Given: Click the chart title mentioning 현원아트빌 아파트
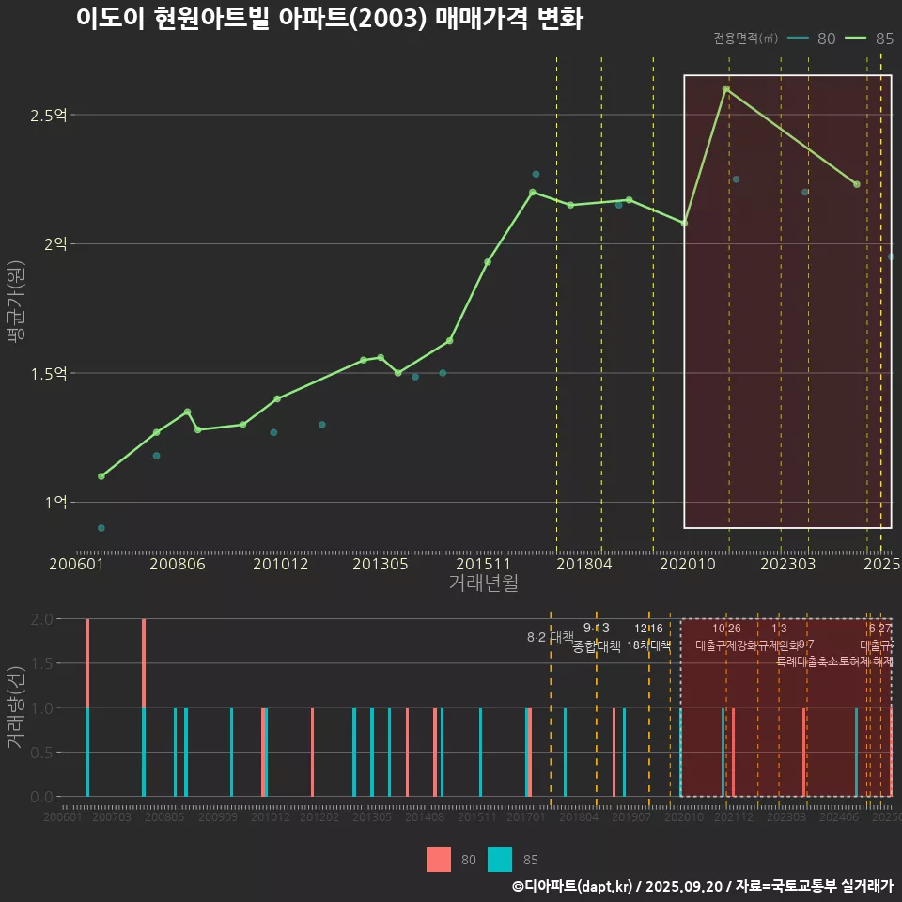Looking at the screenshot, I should [x=330, y=20].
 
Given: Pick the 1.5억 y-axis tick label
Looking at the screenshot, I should [x=49, y=373].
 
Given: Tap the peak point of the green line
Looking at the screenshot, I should [x=725, y=88].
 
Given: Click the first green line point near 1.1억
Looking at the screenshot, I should [x=101, y=476].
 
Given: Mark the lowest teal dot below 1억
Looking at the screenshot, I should [x=101, y=528].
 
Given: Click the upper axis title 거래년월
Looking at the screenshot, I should [x=483, y=583].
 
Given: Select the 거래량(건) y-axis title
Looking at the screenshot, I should [x=16, y=707].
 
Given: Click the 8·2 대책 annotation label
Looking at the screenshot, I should [x=550, y=637].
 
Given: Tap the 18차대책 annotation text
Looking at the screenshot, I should [x=648, y=645].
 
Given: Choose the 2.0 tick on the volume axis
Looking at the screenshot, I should [x=41, y=619].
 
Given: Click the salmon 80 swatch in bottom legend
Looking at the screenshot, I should [x=439, y=859].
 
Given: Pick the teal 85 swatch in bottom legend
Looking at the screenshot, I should [x=500, y=859].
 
